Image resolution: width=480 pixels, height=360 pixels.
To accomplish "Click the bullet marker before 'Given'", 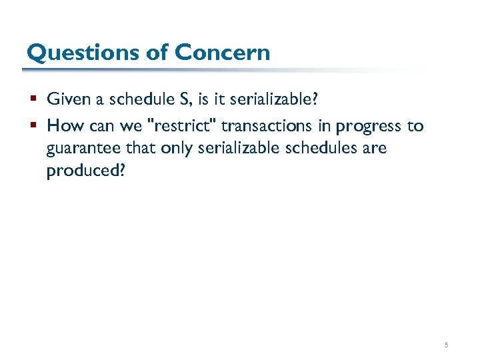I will (33, 100).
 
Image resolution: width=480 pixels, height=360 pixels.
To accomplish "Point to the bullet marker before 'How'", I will (33, 126).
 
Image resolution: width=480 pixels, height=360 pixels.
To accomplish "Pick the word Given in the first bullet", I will (66, 99).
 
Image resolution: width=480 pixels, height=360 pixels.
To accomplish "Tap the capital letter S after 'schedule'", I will (184, 99).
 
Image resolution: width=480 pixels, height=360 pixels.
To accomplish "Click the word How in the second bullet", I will (62, 125).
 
